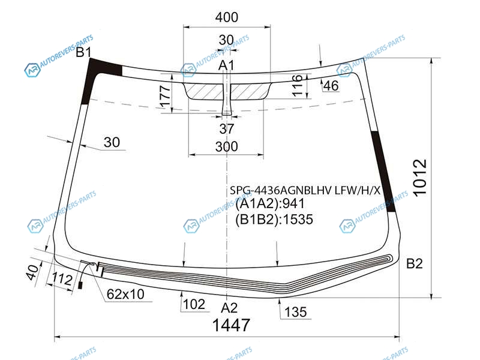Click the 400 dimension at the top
[227, 17]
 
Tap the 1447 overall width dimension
[231, 325]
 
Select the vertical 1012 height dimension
[419, 177]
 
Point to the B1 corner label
[83, 52]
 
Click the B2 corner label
[414, 263]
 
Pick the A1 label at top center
[227, 65]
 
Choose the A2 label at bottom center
[229, 308]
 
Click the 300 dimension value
[227, 146]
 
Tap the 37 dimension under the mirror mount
[227, 128]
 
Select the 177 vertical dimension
[166, 97]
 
